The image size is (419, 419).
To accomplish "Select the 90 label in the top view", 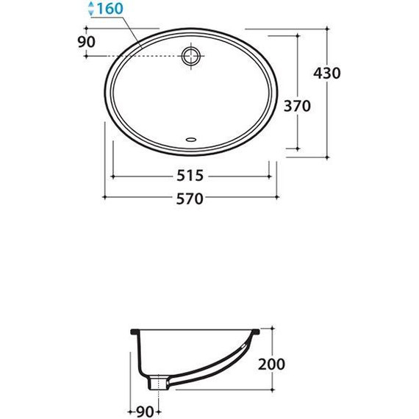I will pos(86,41).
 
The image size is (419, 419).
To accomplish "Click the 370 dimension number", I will pos(296,106).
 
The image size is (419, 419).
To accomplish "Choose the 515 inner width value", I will pos(190,176).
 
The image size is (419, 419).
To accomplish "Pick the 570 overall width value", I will pos(190,198).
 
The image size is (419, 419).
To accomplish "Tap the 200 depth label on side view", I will pos(272,363).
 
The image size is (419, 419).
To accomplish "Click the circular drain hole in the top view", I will pos(191,56).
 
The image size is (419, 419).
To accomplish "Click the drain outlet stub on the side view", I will pos(157,382).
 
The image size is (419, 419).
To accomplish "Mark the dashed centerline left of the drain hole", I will pos(147,56).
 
